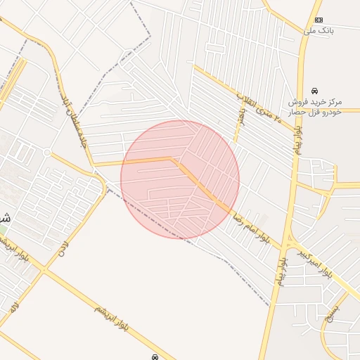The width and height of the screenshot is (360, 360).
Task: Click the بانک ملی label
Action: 319,31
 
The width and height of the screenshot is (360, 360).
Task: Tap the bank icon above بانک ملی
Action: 319,20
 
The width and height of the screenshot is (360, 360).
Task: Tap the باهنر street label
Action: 241,117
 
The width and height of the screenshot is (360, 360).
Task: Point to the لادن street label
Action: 63,247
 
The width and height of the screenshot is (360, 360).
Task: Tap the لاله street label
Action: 14,307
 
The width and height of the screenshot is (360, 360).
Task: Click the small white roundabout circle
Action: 47,152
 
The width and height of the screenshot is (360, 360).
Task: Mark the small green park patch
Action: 2,230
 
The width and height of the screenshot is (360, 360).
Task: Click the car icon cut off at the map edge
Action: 153,357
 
